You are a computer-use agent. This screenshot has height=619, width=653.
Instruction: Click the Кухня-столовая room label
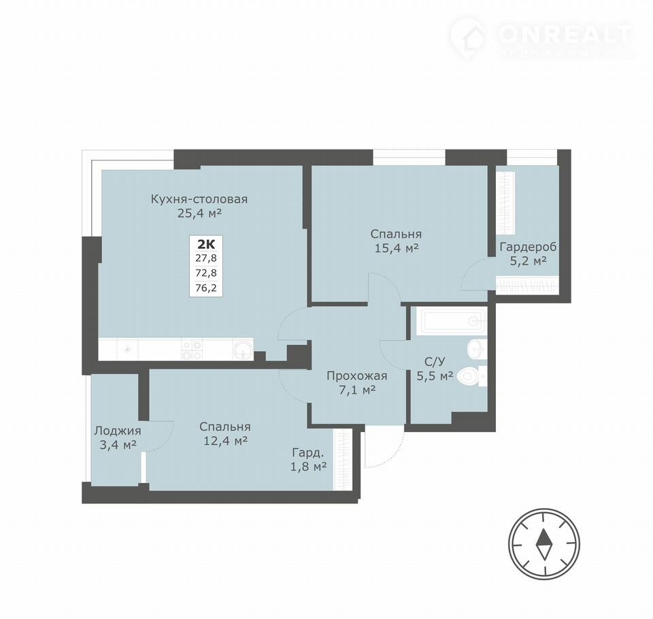click(199, 199)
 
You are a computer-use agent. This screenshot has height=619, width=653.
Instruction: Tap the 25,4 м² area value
click(199, 214)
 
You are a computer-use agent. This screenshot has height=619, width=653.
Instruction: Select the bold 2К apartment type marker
click(206, 244)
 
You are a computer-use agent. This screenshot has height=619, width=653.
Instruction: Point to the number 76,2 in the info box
click(206, 288)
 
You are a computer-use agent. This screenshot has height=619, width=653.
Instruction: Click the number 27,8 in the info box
click(206, 258)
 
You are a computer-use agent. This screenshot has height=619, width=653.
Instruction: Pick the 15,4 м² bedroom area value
click(397, 249)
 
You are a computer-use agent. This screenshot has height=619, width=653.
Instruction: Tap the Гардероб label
click(528, 247)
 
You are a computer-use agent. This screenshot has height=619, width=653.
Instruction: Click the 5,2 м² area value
click(528, 261)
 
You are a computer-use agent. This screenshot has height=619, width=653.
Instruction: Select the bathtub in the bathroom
click(451, 320)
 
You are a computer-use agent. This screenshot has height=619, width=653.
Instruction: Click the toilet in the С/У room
click(471, 376)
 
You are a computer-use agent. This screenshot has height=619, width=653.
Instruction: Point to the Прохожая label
click(357, 376)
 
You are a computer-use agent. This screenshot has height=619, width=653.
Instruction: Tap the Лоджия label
click(118, 431)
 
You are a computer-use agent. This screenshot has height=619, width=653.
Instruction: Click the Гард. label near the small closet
click(307, 452)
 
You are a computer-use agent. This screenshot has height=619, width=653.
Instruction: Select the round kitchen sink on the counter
click(243, 350)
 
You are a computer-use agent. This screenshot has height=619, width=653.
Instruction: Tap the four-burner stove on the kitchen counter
click(192, 350)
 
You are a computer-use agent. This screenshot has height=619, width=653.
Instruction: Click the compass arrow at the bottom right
click(543, 544)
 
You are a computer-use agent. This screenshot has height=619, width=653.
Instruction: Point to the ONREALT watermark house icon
click(468, 38)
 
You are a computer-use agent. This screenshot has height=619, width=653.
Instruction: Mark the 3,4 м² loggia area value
click(118, 445)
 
